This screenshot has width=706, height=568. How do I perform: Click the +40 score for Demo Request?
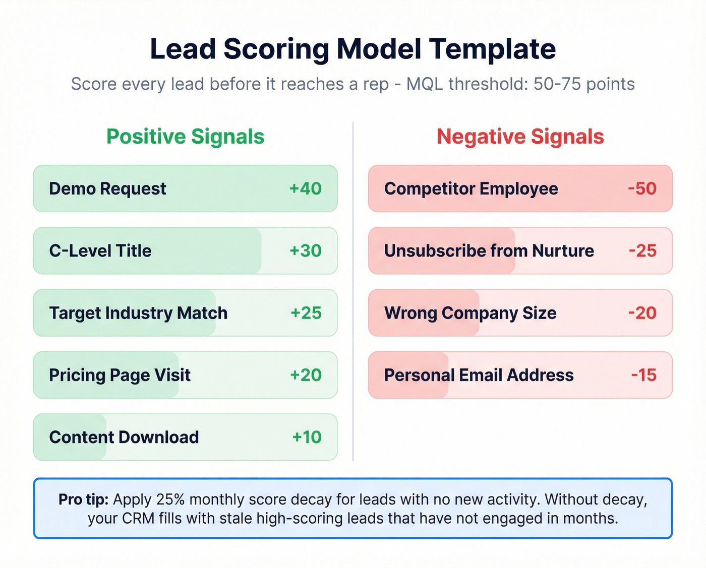[305, 188]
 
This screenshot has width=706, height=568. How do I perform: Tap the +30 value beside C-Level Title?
[305, 250]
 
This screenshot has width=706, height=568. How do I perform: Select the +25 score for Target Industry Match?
[306, 313]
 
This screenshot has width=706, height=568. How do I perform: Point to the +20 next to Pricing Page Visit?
[306, 375]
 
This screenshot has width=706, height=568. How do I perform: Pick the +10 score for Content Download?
[307, 437]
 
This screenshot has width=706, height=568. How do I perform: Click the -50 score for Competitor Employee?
[642, 188]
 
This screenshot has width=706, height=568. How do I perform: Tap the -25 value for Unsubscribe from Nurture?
[642, 250]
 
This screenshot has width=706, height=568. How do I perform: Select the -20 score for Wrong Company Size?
[642, 313]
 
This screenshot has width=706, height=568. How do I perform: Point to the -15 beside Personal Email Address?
[643, 375]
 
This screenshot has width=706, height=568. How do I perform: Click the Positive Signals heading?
[185, 137]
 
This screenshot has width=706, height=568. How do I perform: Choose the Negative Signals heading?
[520, 137]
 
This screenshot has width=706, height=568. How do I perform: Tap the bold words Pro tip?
[83, 499]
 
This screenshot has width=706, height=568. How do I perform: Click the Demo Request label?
[107, 188]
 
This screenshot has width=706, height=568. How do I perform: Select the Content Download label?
[124, 437]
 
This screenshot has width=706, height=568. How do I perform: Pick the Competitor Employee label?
[471, 188]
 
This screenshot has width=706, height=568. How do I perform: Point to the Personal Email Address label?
[479, 375]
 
